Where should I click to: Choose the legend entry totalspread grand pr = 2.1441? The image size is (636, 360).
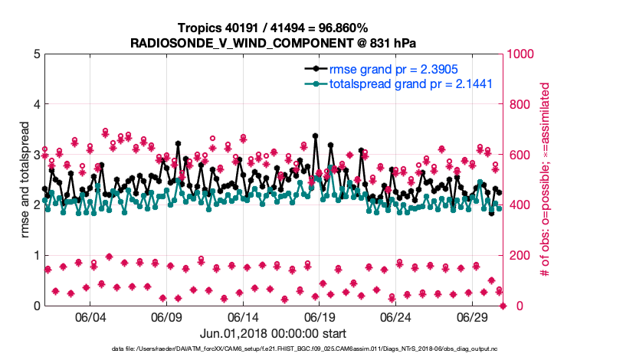(410, 83)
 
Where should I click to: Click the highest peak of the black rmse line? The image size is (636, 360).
(315, 136)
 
